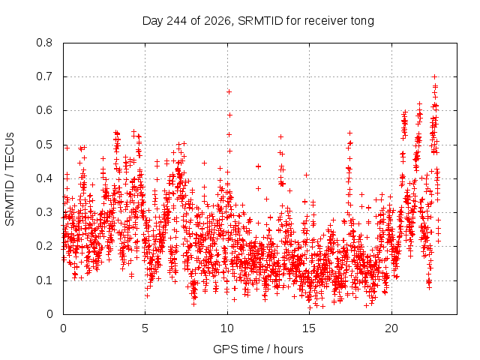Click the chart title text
[258, 21]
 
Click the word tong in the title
[361, 22]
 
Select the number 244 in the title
[176, 21]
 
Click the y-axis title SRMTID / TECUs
[10, 179]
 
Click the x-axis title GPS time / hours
[258, 349]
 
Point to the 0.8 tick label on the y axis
[44, 43]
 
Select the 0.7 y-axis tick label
[44, 76]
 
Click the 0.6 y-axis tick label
[44, 110]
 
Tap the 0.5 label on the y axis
[44, 145]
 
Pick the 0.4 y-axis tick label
[44, 178]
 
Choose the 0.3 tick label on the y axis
[44, 212]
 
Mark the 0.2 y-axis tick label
[44, 247]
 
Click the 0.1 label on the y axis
[44, 280]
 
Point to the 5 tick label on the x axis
[145, 328]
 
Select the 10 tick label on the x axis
[227, 328]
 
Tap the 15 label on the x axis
[309, 328]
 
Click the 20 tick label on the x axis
[391, 328]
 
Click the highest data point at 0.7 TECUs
[434, 76]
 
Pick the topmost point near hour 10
[229, 91]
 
